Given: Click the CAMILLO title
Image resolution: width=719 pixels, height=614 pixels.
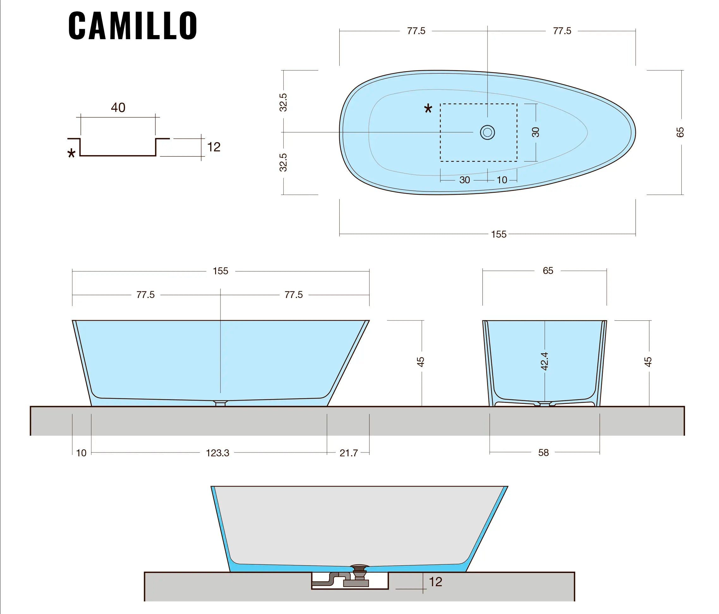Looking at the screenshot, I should coord(133,25).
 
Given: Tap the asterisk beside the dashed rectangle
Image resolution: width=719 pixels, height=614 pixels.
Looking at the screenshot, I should coord(428,109).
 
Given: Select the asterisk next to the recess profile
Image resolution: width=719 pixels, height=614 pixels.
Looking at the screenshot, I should coord(71,153).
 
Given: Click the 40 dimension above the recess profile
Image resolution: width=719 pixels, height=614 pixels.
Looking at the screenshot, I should coord(118,107).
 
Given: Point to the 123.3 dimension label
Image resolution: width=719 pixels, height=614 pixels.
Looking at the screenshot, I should coord(218,453).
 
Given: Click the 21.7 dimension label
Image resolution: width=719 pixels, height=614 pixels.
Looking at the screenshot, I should coord(348,453).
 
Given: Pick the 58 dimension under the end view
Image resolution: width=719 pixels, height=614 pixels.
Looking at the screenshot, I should coord(543,453).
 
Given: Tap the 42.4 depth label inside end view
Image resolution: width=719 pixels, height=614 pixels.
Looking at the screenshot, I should coord(544,361).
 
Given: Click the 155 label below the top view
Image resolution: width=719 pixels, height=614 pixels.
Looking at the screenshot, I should coord(498,234).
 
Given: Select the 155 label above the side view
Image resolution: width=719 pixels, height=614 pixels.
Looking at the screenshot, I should coord(221,271).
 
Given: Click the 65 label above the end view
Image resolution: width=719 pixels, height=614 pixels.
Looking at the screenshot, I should coord(548,271).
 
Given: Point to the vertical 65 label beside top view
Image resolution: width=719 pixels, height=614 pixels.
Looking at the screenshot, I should coord(680,132).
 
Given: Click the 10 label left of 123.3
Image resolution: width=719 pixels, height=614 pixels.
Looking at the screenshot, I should coord(81,453).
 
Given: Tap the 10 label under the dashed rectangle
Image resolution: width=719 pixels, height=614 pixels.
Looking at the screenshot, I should coord(502,180).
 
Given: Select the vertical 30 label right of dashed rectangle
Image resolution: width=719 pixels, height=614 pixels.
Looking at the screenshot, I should coord(535,132).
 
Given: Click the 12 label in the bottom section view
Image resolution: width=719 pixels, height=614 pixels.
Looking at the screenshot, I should coord(436,582).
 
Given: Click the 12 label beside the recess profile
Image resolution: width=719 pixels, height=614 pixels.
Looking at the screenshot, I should coord(214,147).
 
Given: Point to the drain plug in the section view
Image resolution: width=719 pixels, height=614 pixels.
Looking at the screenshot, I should coord(359,568).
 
